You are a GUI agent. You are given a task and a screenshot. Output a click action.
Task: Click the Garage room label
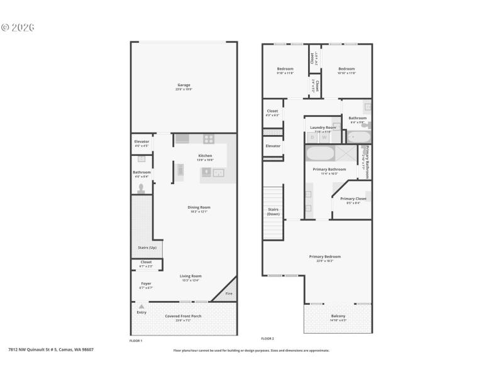[x=184, y=85]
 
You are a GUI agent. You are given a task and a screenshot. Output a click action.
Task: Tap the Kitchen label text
[x=206, y=155]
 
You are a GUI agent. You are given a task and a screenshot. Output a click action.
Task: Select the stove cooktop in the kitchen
[x=208, y=139]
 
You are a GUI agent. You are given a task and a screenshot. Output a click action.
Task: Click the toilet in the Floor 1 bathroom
[x=141, y=187]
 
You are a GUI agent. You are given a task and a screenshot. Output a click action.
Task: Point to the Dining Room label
[x=199, y=207]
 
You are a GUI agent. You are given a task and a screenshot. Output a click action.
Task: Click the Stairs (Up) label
[x=146, y=248]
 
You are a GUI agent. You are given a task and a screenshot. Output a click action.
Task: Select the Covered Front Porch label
[x=183, y=316]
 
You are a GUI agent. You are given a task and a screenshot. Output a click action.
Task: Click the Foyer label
[x=146, y=283]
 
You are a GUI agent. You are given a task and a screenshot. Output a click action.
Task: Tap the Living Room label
[x=190, y=276]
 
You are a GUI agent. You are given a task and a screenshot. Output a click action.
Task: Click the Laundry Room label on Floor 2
[x=323, y=128]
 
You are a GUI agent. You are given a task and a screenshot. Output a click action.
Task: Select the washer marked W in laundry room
[x=325, y=136]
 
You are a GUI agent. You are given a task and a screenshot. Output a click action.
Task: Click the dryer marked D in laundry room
[x=312, y=136]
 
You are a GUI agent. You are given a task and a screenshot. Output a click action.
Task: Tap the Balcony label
[x=338, y=316]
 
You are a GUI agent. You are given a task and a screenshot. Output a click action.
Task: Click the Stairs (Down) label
[x=273, y=211]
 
